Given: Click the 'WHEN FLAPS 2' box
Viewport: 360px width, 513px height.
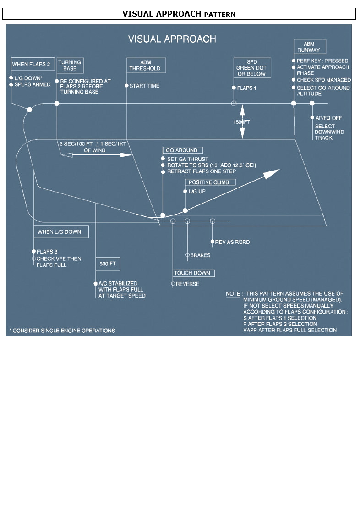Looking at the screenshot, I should tap(31, 64).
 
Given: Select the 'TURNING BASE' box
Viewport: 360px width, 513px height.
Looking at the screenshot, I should tap(70, 65).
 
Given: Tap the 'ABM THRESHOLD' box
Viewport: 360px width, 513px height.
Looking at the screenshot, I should tap(145, 65).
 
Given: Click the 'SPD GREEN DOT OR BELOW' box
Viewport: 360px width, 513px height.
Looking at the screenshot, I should tap(252, 67).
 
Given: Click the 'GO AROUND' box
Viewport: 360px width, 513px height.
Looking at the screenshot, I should tap(182, 150).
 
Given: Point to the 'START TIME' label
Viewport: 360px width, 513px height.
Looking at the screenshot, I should tap(144, 86).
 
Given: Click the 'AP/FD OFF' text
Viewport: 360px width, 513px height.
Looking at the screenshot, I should tap(328, 118).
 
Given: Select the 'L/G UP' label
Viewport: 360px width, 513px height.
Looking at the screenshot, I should tap(197, 191).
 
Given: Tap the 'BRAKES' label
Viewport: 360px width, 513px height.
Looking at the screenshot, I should tap(200, 255).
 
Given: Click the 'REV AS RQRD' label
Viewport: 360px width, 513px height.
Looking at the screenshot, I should tap(232, 242).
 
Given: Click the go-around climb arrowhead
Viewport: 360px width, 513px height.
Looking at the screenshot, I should tap(273, 174).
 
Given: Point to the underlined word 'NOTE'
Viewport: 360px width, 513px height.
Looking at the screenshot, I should tap(234, 294).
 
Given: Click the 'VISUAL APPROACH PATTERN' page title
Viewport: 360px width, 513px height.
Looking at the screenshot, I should tap(179, 14).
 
